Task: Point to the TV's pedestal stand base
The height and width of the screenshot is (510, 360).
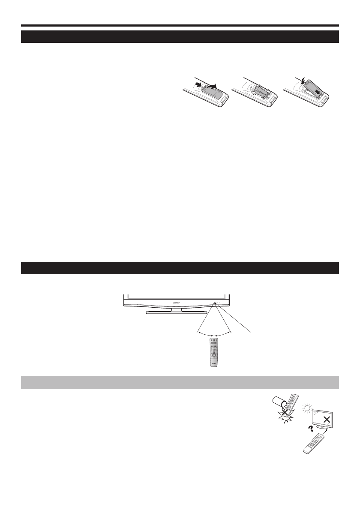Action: pyautogui.click(x=171, y=312)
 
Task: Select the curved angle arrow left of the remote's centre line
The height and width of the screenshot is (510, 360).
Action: pyautogui.click(x=205, y=334)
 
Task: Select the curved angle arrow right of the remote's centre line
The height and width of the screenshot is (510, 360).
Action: pyautogui.click(x=223, y=334)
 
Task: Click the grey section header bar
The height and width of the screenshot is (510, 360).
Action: pyautogui.click(x=180, y=382)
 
